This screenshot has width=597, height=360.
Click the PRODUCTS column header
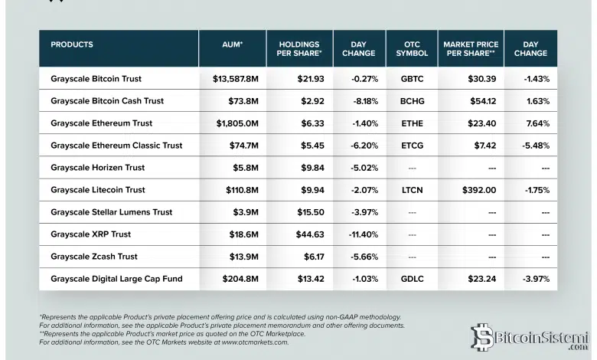click(x=72, y=44)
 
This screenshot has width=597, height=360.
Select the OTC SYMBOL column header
click(x=407, y=49)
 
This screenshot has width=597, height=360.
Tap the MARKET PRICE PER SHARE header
click(x=471, y=49)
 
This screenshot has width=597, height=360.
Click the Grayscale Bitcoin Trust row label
click(x=96, y=79)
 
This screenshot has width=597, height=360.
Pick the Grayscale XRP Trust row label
click(x=90, y=234)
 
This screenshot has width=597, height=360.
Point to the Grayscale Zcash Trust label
click(x=94, y=257)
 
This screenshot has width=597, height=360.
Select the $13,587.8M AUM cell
click(x=237, y=79)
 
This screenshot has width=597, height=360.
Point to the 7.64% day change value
click(x=537, y=123)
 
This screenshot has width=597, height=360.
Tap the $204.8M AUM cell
click(x=243, y=279)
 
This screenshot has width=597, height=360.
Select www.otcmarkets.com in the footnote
click(x=254, y=342)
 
